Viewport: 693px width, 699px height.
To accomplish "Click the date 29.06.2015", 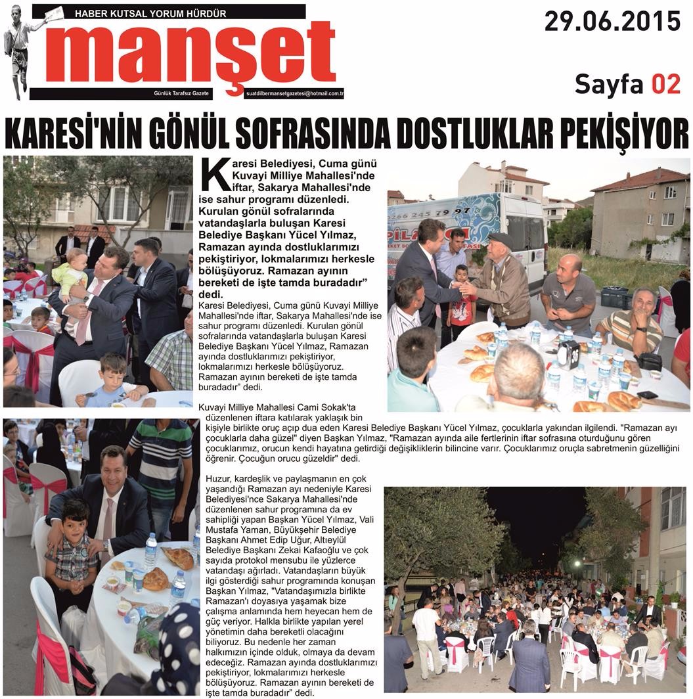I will coord(612,21).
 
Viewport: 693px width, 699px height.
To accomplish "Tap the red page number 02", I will coord(665,83).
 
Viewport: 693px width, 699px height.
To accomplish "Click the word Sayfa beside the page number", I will coord(610,83).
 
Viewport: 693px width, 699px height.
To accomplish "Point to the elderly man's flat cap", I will coord(501,238).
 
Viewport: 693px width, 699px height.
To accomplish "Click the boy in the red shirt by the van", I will coord(462,296).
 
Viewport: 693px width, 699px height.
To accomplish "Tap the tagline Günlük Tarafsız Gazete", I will coord(181,94).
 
